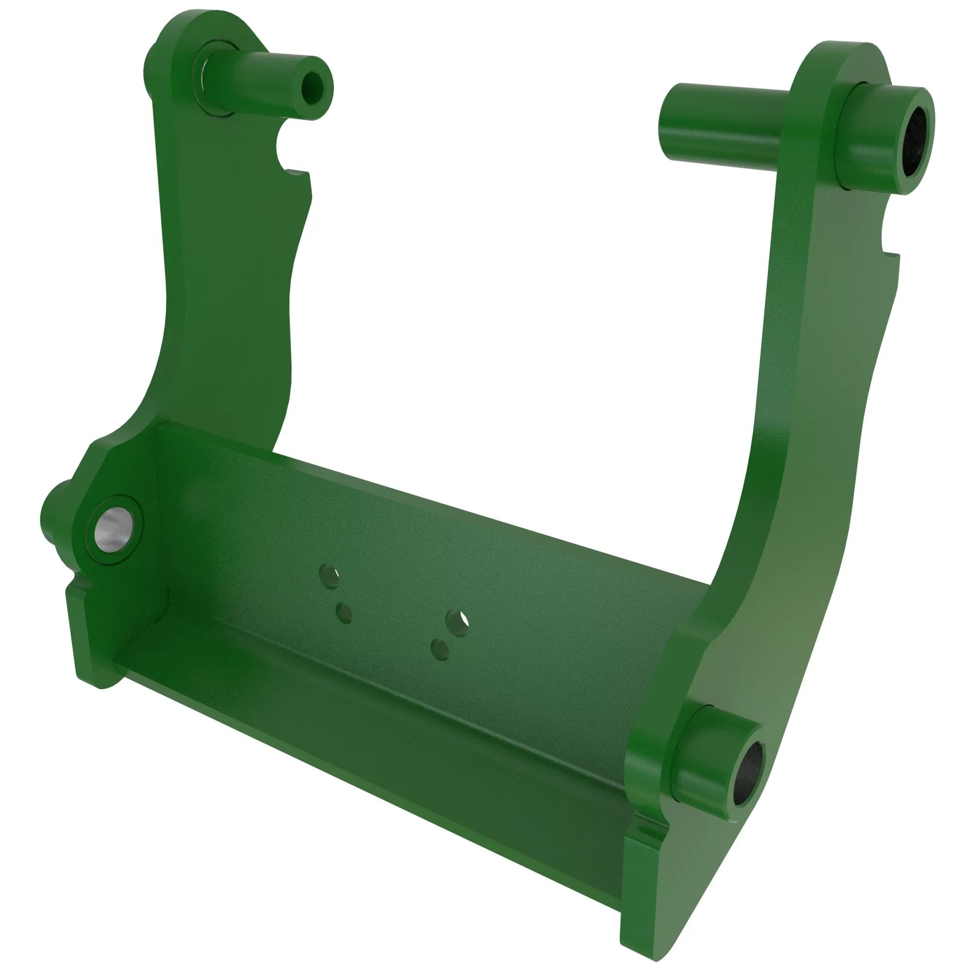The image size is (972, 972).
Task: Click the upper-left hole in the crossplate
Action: coord(329,576)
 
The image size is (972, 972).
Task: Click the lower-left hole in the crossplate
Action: coord(344,613)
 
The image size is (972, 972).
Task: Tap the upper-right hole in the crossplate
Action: coord(457,623)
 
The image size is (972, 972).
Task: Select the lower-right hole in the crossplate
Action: coord(440,649)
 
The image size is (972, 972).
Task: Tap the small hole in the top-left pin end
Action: coord(314,88)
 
